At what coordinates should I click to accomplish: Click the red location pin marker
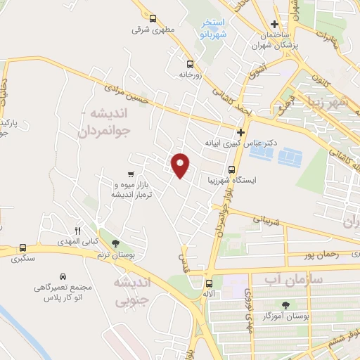click(181, 165)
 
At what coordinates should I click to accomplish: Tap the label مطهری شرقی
click(150, 30)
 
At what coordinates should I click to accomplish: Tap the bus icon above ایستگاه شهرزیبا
click(231, 169)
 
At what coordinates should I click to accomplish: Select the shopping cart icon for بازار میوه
click(131, 174)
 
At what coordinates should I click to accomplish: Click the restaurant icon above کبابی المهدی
click(78, 231)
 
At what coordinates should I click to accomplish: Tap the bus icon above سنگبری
click(23, 247)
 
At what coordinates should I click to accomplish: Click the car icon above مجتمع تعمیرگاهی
click(63, 276)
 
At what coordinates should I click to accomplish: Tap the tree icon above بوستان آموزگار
click(285, 304)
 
